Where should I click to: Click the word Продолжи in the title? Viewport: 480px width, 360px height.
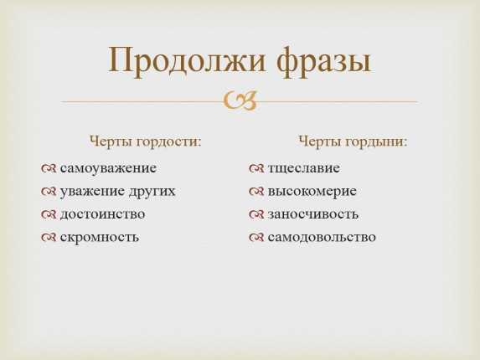pos(187,61)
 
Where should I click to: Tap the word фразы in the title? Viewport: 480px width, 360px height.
pos(323,61)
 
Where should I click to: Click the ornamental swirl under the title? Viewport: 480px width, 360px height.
pos(240,101)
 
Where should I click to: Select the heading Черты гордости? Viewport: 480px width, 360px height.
pos(146,141)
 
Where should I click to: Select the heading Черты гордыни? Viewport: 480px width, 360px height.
pos(353,141)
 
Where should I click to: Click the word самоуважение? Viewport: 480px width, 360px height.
pos(108,168)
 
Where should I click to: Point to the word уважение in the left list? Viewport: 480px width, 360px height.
pos(92,192)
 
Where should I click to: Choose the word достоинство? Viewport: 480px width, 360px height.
pos(102,214)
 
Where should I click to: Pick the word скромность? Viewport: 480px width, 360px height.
pos(100,238)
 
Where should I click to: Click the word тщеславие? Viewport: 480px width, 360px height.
pos(304,168)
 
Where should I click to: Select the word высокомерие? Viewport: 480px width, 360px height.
pos(312,192)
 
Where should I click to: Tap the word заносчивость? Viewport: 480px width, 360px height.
pos(313,214)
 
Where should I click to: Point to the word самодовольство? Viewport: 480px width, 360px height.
pos(322,238)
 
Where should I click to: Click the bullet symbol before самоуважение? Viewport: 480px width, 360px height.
pos(49,168)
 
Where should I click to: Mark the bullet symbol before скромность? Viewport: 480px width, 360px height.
pos(49,238)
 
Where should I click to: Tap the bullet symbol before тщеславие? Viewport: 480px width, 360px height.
pos(256,168)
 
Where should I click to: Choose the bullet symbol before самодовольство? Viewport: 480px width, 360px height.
pos(256,238)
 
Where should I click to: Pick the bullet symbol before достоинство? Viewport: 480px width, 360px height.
pos(49,214)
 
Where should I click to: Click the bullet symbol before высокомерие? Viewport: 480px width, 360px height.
pos(256,192)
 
